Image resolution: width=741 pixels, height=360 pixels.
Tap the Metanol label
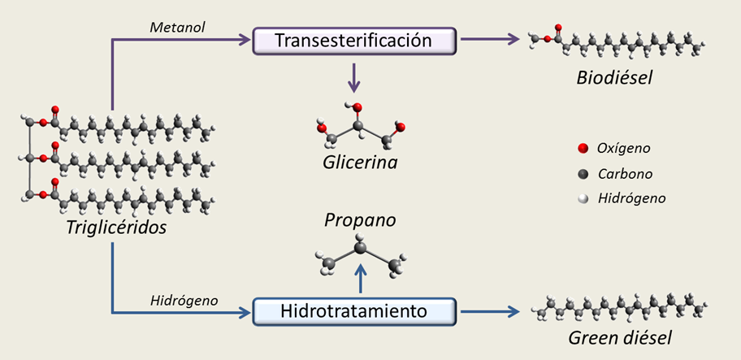tap(178, 28)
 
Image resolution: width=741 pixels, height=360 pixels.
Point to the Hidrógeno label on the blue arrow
tap(184, 300)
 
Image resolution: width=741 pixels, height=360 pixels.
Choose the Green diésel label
tap(621, 336)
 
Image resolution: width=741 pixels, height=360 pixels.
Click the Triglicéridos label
tap(116, 228)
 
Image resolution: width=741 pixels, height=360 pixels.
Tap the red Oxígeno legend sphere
tap(582, 149)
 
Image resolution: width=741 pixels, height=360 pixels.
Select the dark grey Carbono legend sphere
tap(582, 173)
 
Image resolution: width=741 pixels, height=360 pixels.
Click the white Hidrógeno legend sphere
tap(582, 197)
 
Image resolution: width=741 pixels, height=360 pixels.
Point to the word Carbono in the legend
tap(624, 173)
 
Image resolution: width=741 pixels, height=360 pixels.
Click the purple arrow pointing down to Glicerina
tap(354, 78)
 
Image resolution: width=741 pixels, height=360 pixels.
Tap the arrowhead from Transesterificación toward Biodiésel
tap(513, 39)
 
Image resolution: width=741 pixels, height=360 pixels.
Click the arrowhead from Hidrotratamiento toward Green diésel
tap(513, 310)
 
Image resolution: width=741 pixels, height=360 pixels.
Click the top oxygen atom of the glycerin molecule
tap(357, 108)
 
